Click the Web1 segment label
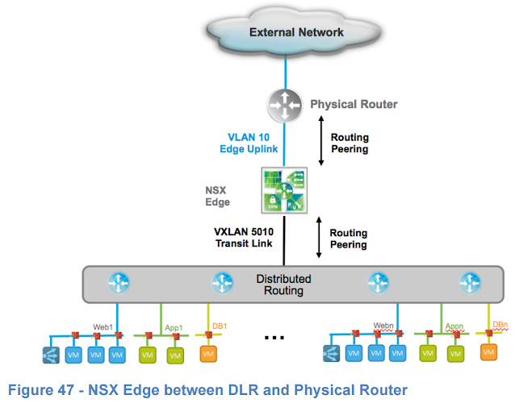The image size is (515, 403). (103, 326)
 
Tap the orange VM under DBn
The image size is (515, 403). (488, 352)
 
